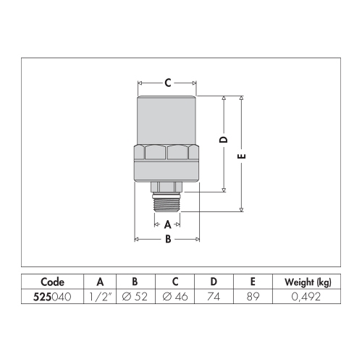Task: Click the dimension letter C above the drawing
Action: click(x=167, y=83)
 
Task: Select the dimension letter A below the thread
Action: click(x=168, y=224)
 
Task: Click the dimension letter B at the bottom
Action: click(x=168, y=239)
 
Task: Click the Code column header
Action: click(x=52, y=282)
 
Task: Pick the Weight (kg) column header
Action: click(x=303, y=282)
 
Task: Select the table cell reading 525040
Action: click(x=52, y=297)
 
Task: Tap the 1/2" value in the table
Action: click(x=101, y=297)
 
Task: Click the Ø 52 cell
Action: click(x=134, y=297)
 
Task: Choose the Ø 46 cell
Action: click(x=173, y=297)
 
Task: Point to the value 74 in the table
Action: click(x=214, y=297)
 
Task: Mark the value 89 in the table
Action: click(x=252, y=297)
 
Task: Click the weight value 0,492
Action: click(x=303, y=297)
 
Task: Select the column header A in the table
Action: click(x=101, y=282)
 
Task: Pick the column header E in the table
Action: click(x=252, y=282)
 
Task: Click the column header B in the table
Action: click(x=134, y=282)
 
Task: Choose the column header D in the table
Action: click(x=214, y=282)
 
